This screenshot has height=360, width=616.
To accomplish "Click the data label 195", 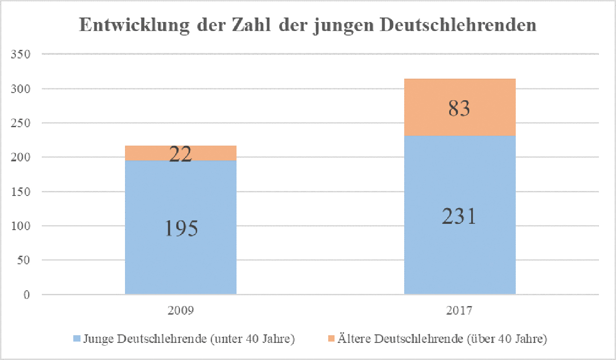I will coord(180,228).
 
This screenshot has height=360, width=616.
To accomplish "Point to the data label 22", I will coord(180,154).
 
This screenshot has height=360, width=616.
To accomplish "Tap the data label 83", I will coord(460,108).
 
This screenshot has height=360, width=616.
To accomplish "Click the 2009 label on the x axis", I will coord(180,310).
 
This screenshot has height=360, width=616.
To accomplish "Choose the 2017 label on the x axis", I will coord(460,310).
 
